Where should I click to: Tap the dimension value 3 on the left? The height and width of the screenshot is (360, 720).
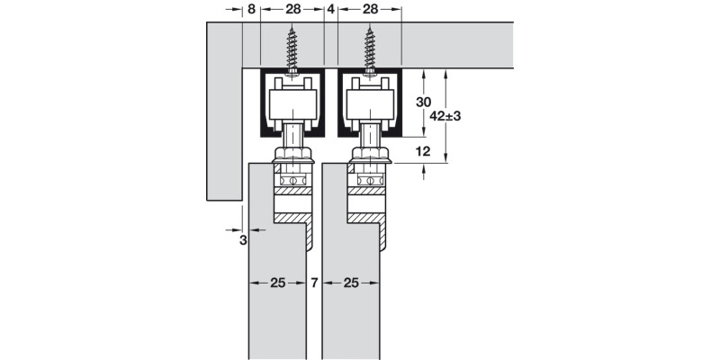pyautogui.click(x=243, y=240)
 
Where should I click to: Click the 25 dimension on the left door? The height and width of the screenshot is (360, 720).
pyautogui.click(x=277, y=283)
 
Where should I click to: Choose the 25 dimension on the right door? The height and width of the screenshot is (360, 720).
pyautogui.click(x=351, y=283)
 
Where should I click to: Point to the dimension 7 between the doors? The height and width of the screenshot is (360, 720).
pyautogui.click(x=314, y=283)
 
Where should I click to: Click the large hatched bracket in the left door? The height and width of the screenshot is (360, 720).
pyautogui.click(x=293, y=217)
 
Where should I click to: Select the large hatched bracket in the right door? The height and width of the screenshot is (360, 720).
pyautogui.click(x=370, y=217)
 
